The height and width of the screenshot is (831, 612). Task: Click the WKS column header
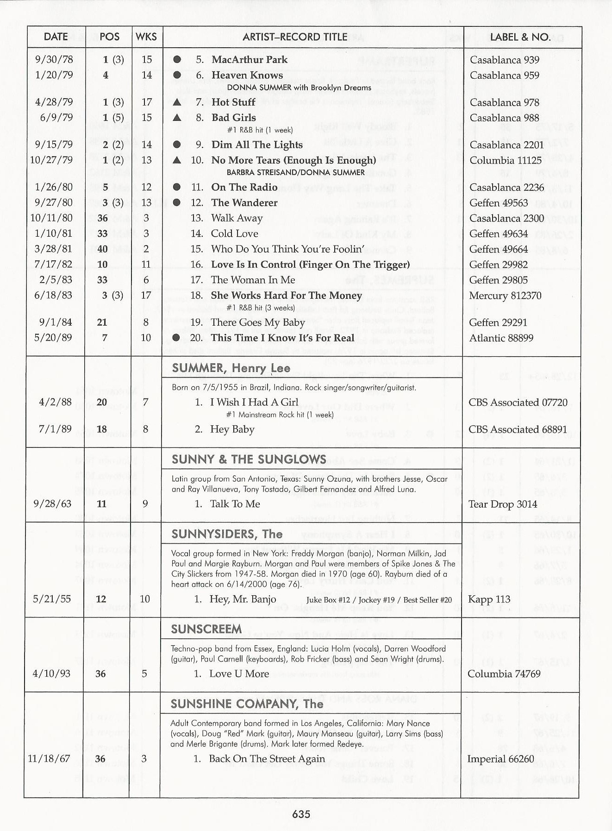coord(146,37)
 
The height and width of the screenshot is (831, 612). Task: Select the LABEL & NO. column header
coord(520,37)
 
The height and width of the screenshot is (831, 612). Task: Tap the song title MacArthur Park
coord(249,60)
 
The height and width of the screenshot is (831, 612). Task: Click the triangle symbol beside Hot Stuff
coord(177,102)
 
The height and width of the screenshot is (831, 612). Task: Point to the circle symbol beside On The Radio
coord(176,187)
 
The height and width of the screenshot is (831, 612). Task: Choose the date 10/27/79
coord(51,160)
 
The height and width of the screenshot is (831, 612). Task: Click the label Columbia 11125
coord(505,160)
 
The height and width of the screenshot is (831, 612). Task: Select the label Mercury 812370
coord(505,296)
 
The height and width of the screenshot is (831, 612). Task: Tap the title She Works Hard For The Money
coord(286,296)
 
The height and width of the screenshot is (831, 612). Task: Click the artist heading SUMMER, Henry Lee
coord(231,368)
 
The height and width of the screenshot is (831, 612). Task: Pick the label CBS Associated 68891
coord(517,429)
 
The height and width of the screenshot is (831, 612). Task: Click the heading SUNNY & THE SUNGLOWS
coord(249,460)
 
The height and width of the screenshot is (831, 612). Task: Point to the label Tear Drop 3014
coord(502,504)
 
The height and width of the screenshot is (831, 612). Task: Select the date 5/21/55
coord(52,599)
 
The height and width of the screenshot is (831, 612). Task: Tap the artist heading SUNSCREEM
coord(206,629)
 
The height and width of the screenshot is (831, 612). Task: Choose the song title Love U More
coord(239,674)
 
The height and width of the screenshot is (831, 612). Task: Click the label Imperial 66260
coord(500,759)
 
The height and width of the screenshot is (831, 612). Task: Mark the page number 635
coord(301,814)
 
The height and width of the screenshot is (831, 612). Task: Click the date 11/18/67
coord(49,759)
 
